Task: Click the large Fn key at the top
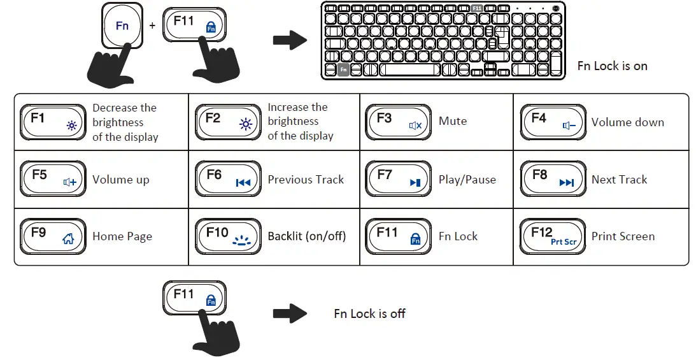[x=122, y=26]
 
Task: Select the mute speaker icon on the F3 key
[x=415, y=126]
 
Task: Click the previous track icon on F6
[x=243, y=183]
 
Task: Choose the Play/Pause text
[x=467, y=180]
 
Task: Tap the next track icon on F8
[x=566, y=183]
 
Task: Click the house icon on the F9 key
[x=68, y=240]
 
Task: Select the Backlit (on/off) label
[x=306, y=236]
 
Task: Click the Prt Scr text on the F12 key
[x=564, y=242]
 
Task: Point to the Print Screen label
[x=623, y=236]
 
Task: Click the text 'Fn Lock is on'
[x=612, y=66]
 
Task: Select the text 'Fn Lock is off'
[x=369, y=313]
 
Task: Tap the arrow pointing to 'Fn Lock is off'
[x=290, y=313]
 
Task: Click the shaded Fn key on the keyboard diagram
[x=343, y=69]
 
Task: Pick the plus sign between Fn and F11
[x=152, y=26]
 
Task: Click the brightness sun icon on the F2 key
[x=245, y=125]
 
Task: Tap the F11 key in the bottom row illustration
[x=194, y=298]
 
